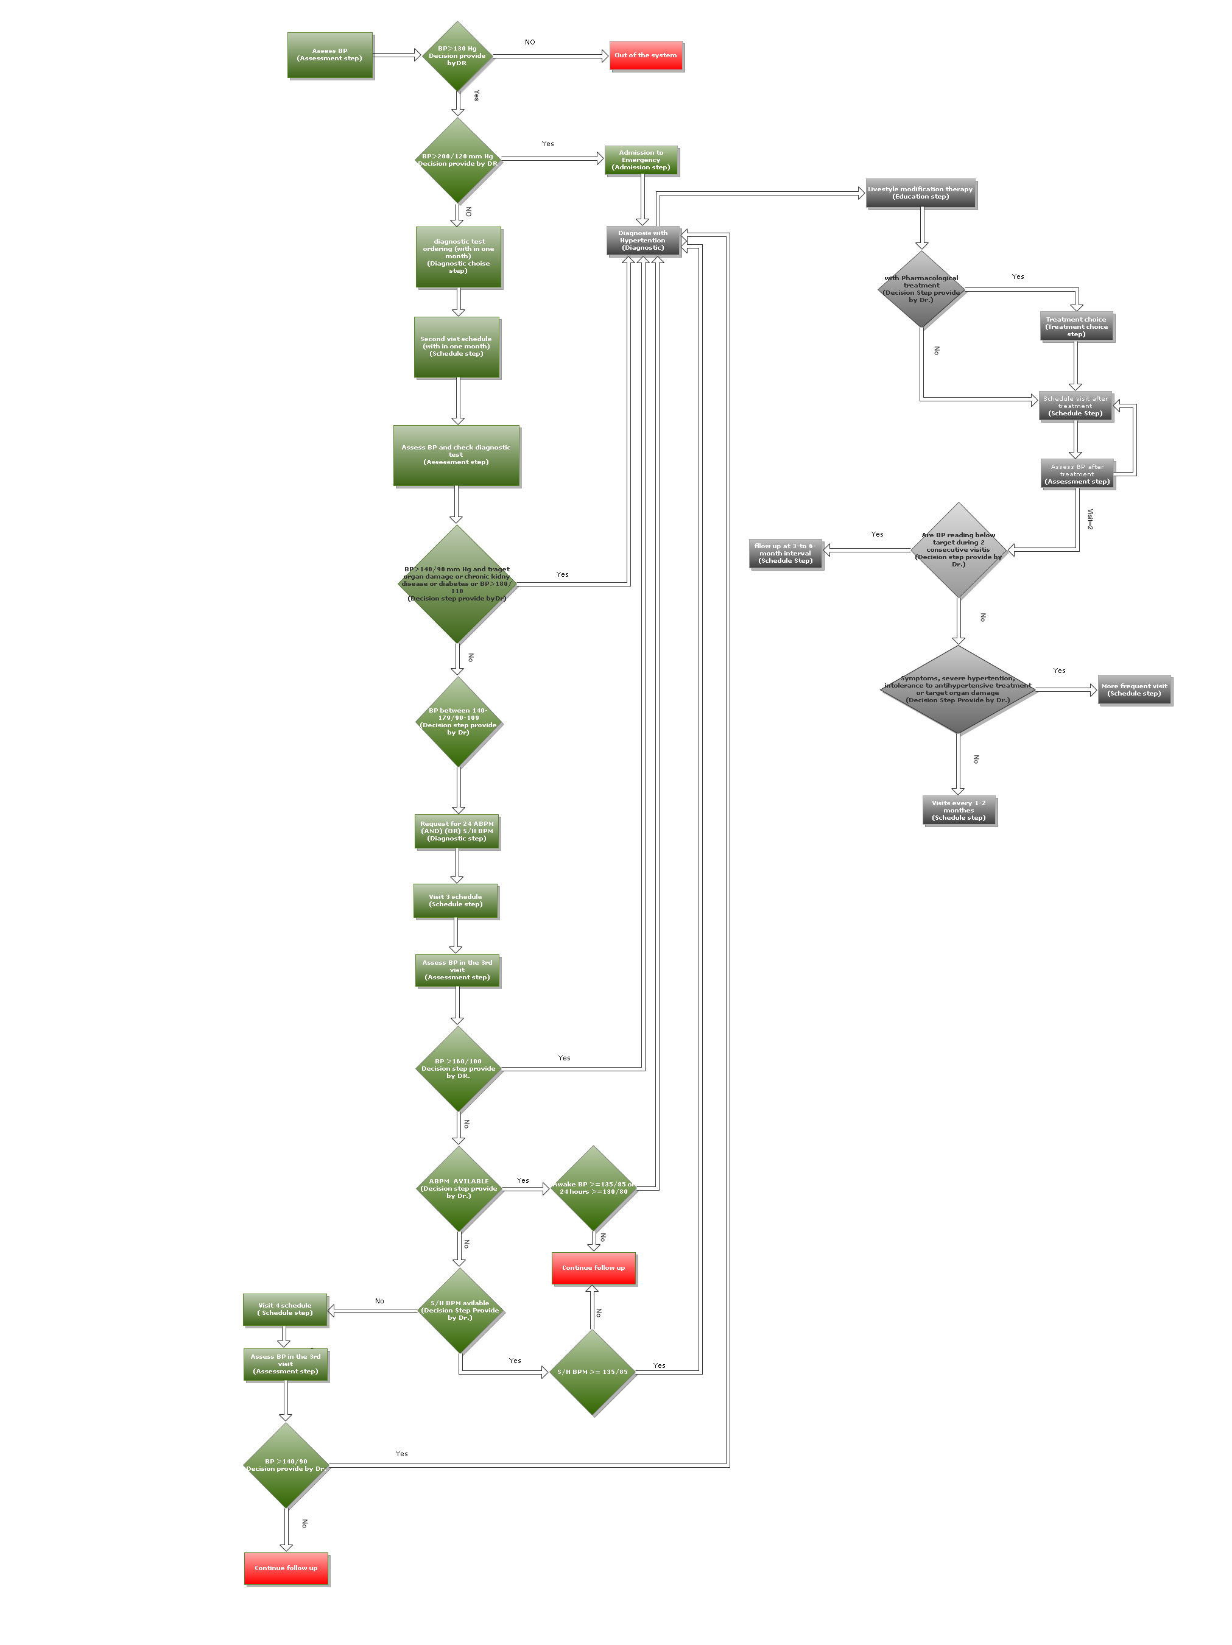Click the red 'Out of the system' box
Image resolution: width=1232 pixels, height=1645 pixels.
coord(646,56)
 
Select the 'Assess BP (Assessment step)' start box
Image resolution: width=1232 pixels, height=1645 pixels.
coord(329,55)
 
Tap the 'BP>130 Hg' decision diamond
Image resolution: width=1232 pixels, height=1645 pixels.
coord(457,56)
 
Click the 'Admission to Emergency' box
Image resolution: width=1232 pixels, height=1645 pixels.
coord(641,160)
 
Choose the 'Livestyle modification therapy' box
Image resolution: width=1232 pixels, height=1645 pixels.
coord(920,193)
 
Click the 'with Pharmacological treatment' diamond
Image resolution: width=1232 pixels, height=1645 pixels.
coord(921,289)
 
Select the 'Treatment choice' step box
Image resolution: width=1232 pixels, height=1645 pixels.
coord(1076,326)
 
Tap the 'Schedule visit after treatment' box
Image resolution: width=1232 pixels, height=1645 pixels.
coord(1075,406)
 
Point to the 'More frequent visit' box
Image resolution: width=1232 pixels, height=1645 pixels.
coord(1135,690)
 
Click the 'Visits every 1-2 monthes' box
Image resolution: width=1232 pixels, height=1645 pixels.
coord(959,811)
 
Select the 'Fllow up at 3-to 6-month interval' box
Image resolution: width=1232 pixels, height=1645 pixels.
coord(785,553)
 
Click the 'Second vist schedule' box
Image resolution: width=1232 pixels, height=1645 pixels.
coord(457,347)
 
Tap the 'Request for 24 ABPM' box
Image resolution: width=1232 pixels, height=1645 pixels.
coord(457,831)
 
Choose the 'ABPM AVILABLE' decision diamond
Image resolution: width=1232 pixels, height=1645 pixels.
coord(459,1188)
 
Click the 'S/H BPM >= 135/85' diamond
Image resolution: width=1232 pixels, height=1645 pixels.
coord(593,1372)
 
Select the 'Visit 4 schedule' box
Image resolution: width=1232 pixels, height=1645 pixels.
coord(285,1309)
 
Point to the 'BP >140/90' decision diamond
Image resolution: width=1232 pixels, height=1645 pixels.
coord(286,1465)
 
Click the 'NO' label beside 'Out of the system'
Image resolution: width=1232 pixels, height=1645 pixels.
coord(529,43)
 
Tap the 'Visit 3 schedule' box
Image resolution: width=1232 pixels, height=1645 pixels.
coord(456,901)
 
